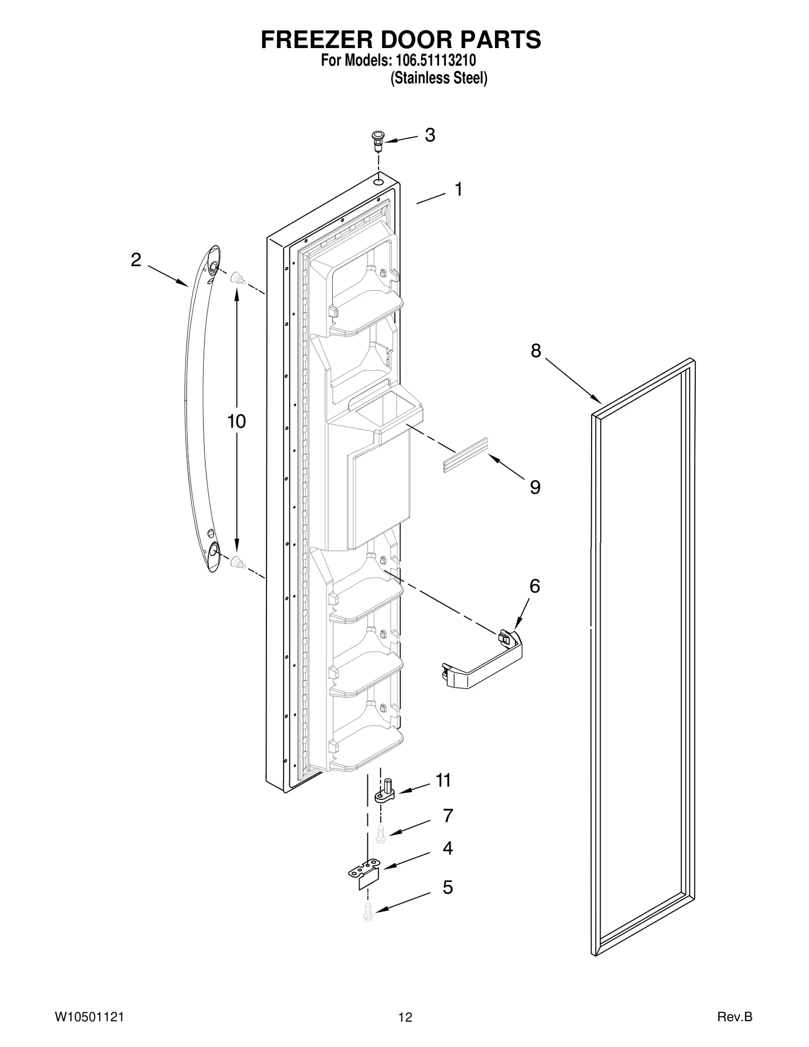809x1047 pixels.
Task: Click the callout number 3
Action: point(429,135)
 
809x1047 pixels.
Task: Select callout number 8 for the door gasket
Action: point(535,350)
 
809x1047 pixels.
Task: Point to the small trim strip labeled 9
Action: point(465,455)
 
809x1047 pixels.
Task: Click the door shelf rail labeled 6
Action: point(483,662)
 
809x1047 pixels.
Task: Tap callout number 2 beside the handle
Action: point(136,260)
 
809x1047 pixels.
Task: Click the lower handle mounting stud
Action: point(236,562)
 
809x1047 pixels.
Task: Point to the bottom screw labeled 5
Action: point(368,913)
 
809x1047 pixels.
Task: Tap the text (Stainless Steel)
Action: point(439,78)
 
